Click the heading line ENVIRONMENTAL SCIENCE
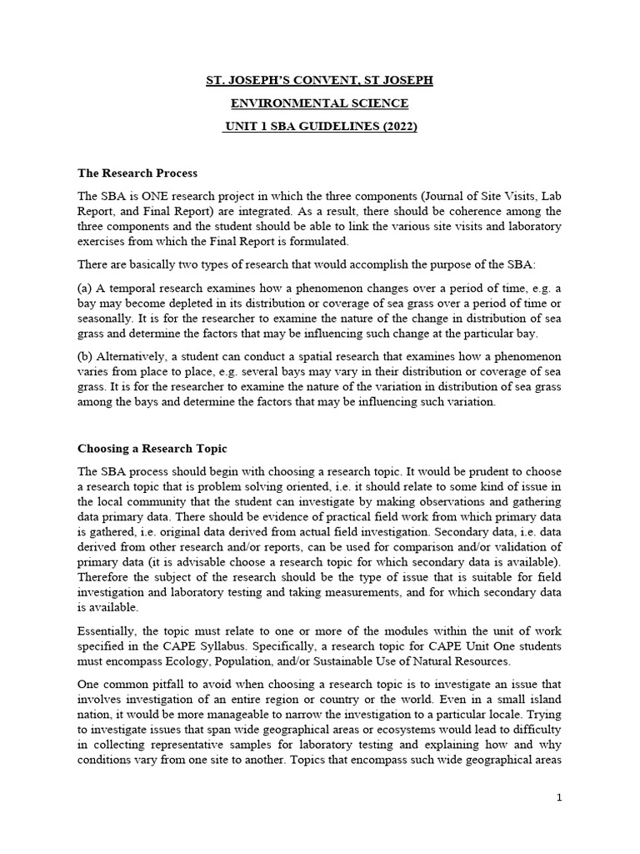(x=319, y=103)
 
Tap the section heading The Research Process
(x=137, y=173)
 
